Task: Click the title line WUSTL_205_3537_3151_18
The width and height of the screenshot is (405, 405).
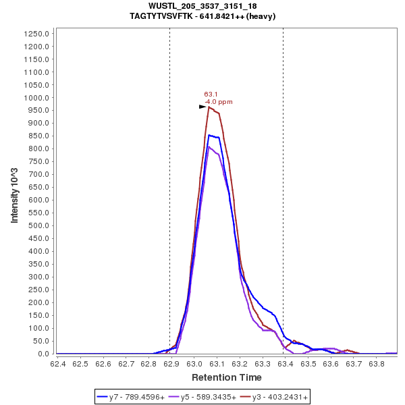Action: [202, 6]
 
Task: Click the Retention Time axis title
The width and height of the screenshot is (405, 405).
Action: [227, 377]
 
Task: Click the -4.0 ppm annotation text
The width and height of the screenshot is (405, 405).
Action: [219, 102]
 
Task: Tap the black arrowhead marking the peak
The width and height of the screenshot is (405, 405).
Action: [202, 107]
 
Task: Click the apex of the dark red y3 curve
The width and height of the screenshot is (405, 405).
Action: [209, 107]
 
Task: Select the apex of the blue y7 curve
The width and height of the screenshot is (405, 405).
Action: [210, 135]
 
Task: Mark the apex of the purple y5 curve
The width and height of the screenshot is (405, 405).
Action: [209, 146]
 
